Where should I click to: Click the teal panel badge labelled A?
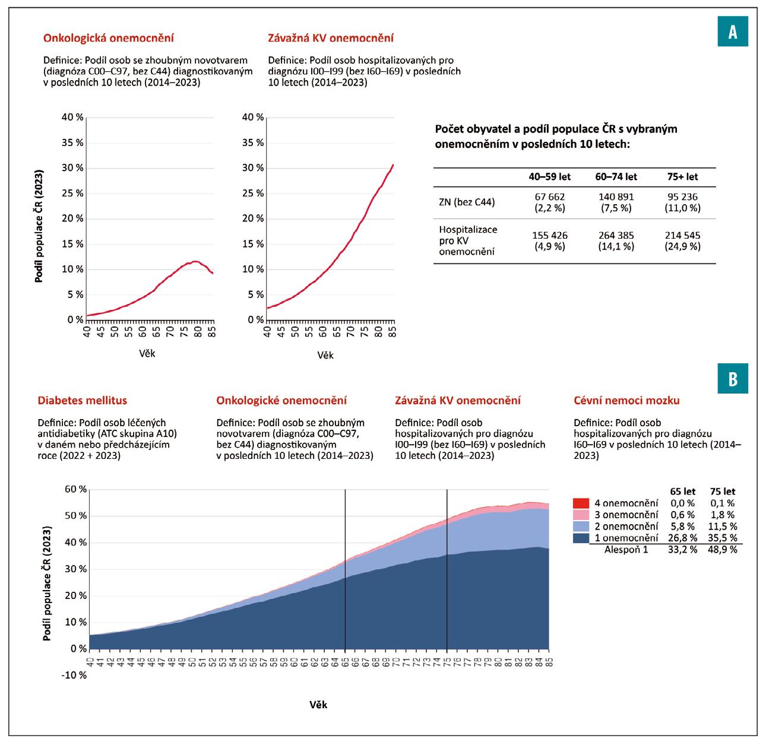click(733, 33)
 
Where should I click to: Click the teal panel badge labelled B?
click(733, 379)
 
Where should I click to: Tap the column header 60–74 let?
click(616, 176)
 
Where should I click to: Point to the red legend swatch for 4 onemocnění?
click(582, 503)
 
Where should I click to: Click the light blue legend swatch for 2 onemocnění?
click(582, 526)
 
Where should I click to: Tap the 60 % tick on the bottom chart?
click(76, 489)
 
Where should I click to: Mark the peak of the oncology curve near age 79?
click(194, 261)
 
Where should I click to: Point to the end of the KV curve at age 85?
click(393, 165)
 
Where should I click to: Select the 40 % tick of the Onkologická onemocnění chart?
click(72, 117)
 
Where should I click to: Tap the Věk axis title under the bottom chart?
click(318, 705)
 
